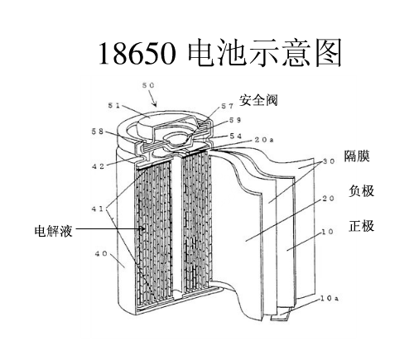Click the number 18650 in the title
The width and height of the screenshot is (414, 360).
[x=137, y=53]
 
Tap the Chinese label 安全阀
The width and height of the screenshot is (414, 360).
[x=258, y=100]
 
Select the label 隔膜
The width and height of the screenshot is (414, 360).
[x=357, y=156]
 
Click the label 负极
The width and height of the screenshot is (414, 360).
[x=361, y=191]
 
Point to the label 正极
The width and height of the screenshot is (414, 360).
[x=361, y=226]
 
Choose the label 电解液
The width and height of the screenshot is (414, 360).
[x=54, y=231]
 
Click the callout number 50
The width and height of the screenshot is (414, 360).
[x=148, y=85]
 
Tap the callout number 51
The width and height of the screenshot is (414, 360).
[x=114, y=105]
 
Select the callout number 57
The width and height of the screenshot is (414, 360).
[x=228, y=106]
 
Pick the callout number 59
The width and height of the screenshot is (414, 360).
[x=235, y=120]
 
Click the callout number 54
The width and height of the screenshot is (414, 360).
[x=235, y=136]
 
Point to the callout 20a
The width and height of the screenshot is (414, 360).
[x=264, y=140]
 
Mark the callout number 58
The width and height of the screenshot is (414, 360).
[x=98, y=132]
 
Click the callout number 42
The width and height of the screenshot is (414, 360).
[x=99, y=166]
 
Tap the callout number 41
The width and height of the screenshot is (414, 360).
[x=97, y=209]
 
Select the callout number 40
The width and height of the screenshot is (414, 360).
[x=101, y=253]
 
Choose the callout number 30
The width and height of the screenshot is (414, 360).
[x=329, y=161]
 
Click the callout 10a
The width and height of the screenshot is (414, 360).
[x=330, y=299]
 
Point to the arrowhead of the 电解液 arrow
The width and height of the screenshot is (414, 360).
[x=144, y=228]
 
